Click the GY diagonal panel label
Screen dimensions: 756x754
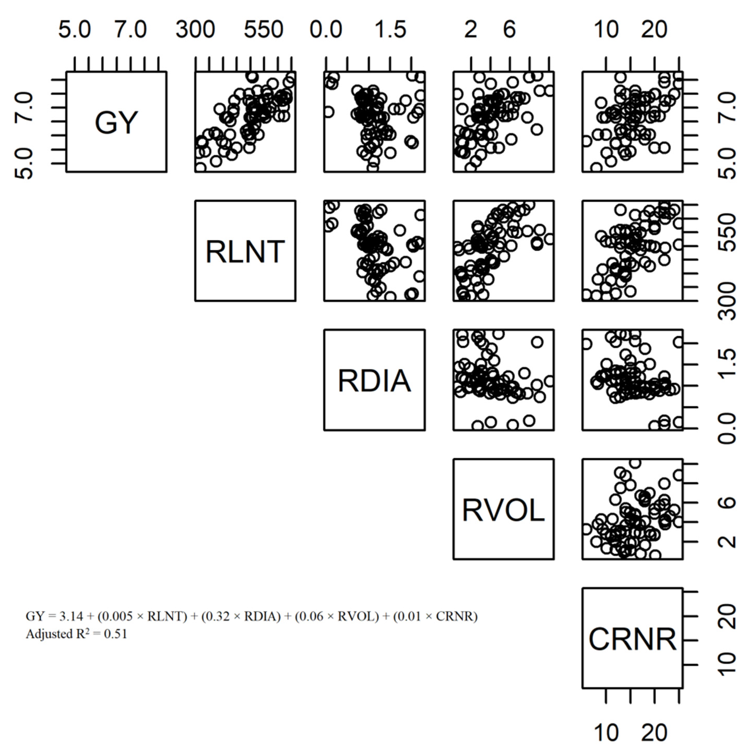point(116,122)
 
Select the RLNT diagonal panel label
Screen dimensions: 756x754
point(245,251)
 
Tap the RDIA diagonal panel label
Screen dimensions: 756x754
point(374,381)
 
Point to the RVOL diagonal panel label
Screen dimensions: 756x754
point(503,510)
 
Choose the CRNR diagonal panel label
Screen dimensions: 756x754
point(632,639)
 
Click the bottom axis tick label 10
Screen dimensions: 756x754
point(606,733)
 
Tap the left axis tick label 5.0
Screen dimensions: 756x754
point(24,164)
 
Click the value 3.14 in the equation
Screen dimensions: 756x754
point(71,616)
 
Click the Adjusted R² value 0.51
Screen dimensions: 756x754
point(115,634)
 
